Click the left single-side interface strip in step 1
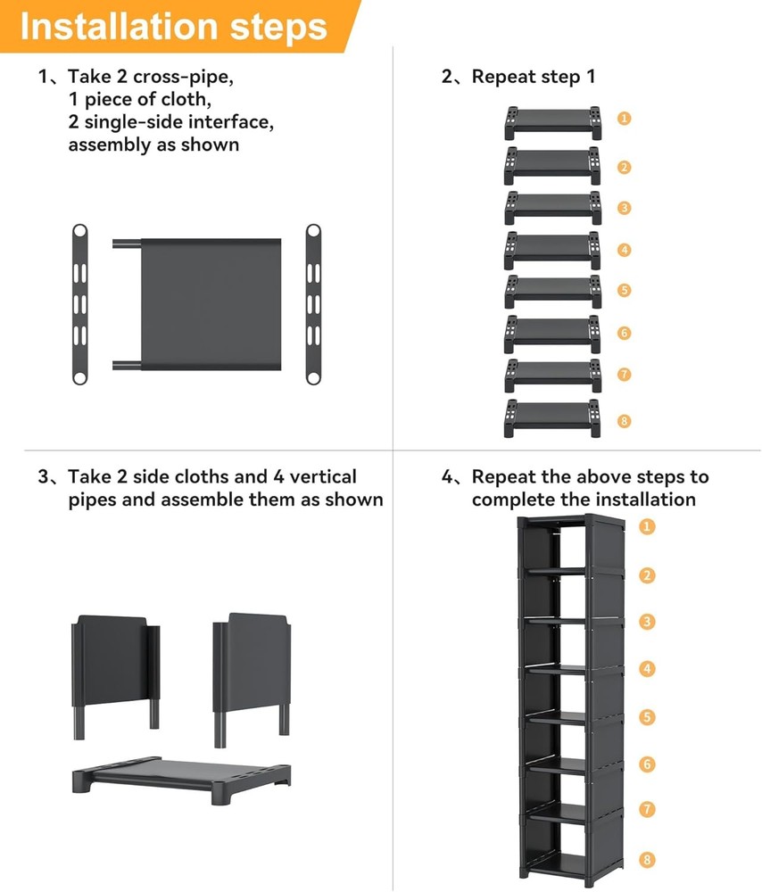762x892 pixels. (79, 304)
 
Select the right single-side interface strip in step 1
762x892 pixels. (313, 304)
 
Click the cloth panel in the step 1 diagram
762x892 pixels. (211, 304)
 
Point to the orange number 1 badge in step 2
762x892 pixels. (625, 118)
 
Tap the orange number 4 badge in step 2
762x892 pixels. (625, 250)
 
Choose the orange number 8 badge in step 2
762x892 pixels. (625, 420)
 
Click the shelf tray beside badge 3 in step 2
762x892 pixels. (552, 205)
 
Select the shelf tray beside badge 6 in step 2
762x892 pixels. (552, 333)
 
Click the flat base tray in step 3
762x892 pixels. (182, 775)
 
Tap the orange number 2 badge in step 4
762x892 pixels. (647, 575)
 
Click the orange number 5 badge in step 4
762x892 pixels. (647, 716)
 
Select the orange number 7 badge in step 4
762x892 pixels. (647, 810)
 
